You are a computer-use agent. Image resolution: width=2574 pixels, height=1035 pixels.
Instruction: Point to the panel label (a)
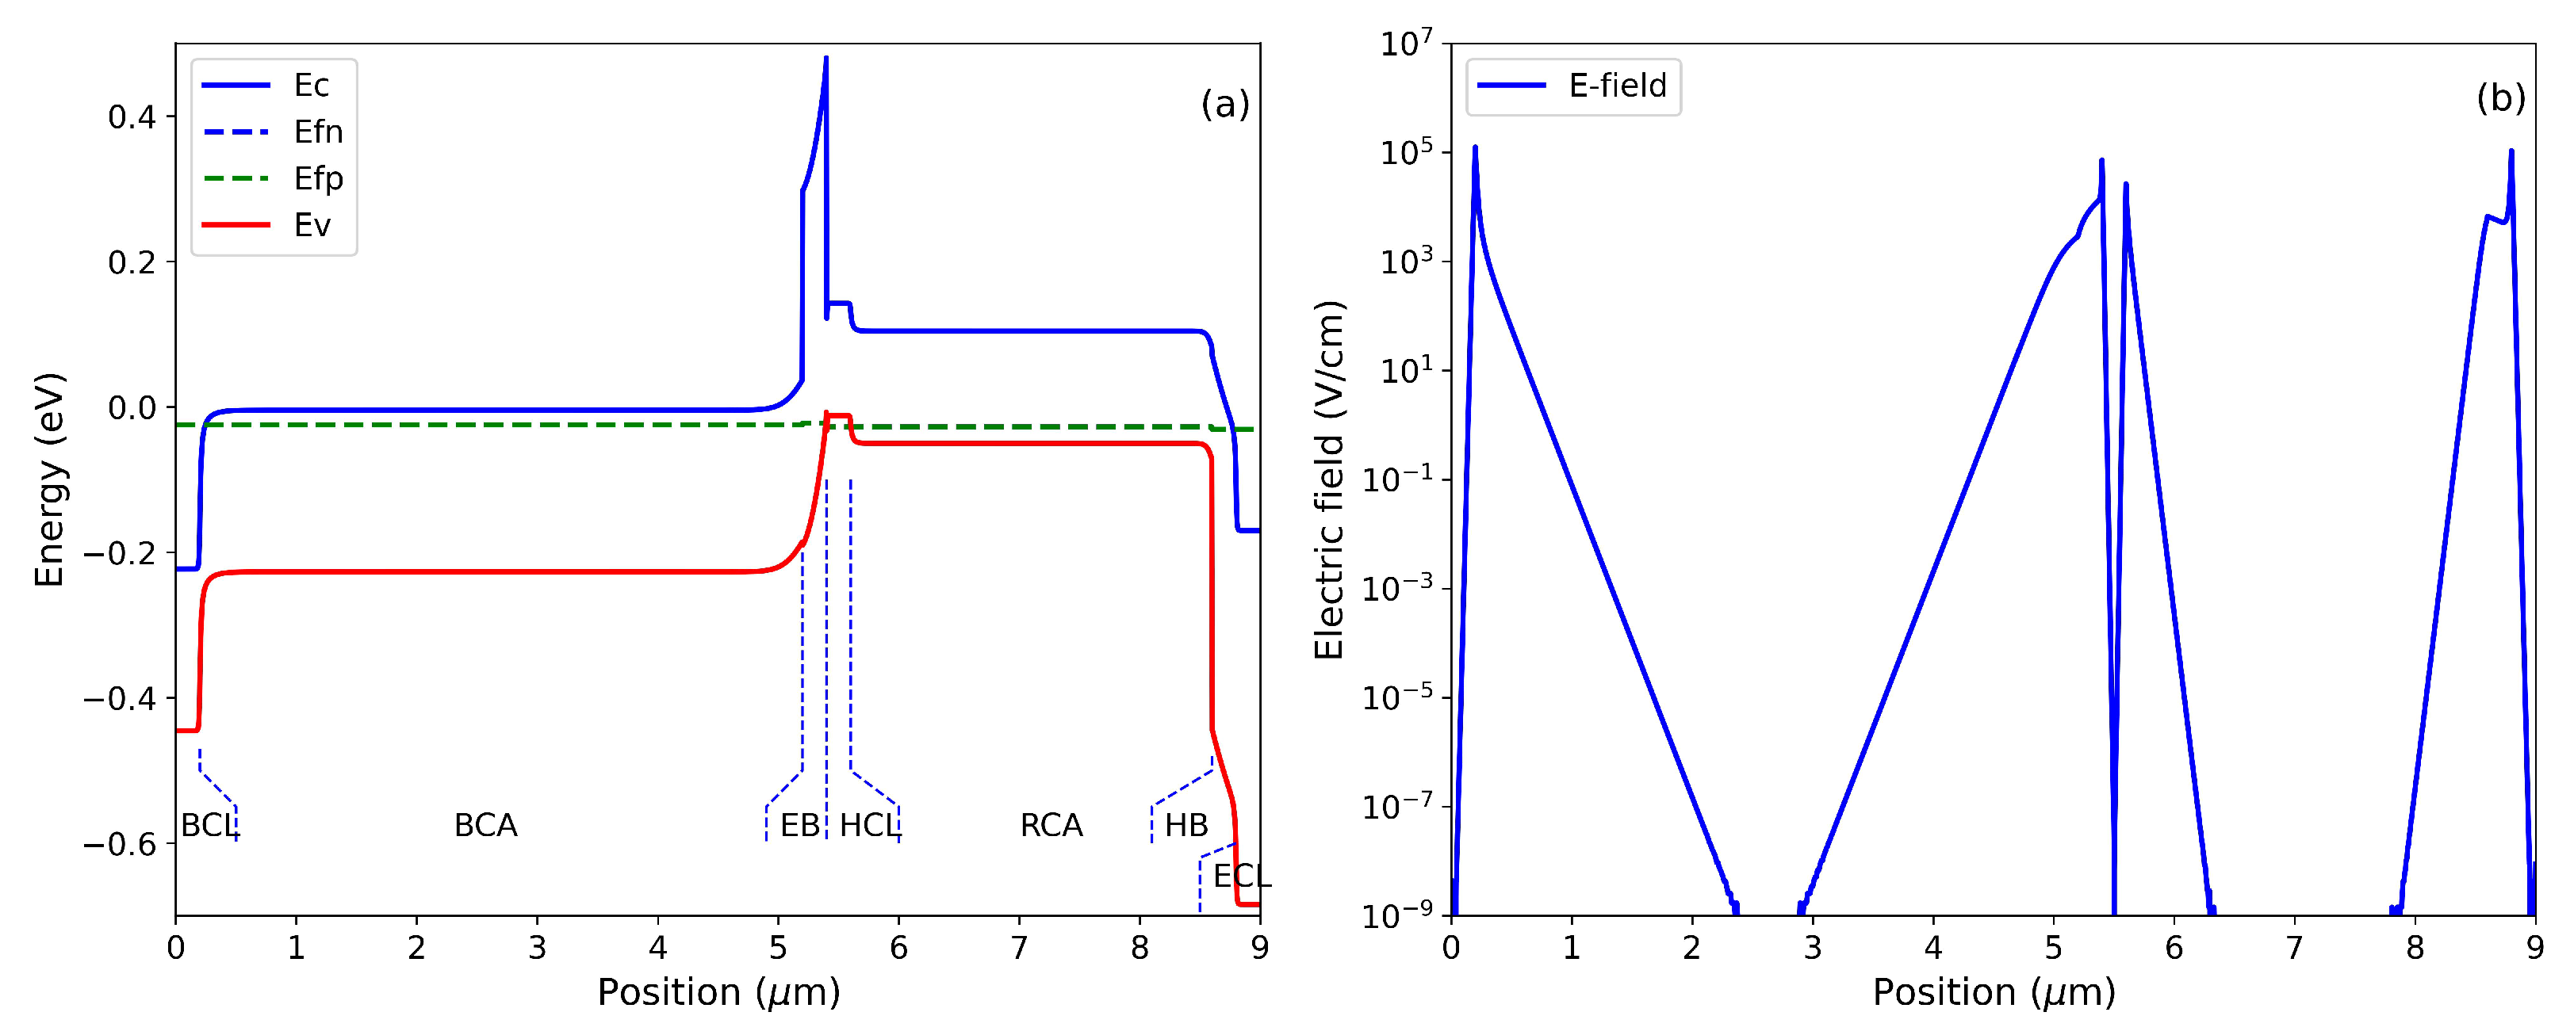(x=1224, y=103)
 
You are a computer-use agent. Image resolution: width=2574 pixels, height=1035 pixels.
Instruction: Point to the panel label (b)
(x=2500, y=98)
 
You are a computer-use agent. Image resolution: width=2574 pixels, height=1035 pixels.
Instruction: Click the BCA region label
(x=485, y=825)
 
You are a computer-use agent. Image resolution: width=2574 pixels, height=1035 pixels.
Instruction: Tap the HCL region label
(x=868, y=825)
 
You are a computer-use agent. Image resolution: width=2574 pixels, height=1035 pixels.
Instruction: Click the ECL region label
(x=1241, y=877)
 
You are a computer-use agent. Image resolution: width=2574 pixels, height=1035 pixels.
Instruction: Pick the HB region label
(x=1186, y=825)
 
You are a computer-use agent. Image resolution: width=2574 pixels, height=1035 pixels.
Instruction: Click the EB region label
(x=799, y=825)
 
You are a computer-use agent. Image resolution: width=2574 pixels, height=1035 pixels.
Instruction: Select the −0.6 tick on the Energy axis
(x=120, y=844)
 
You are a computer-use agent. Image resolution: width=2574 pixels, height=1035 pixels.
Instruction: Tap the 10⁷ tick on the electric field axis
(x=1405, y=44)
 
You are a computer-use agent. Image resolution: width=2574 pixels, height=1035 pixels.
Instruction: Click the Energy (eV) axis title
(x=49, y=479)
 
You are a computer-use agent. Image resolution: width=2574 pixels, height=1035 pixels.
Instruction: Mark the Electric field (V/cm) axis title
(x=1329, y=479)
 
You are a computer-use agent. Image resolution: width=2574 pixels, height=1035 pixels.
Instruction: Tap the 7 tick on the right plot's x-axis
(x=2294, y=947)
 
